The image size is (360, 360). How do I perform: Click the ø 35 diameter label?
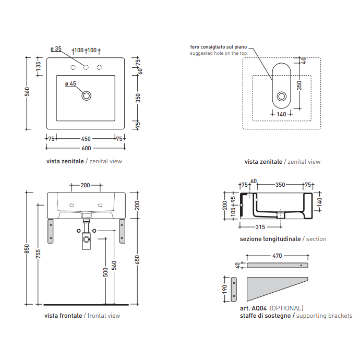pos(56,49)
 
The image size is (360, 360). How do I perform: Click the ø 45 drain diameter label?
pos(70,83)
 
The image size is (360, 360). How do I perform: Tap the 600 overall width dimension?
pos(86,148)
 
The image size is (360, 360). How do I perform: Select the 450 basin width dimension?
pos(86,139)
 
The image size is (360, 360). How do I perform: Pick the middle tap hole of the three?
pos(86,67)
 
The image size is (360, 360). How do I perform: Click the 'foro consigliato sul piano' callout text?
pos(219,47)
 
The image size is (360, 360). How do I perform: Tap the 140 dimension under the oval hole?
pos(281,114)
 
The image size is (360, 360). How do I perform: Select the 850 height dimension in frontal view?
pos(27,249)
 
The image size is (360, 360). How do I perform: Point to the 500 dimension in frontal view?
pos(106,271)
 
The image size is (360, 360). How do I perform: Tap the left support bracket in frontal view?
pos(51,231)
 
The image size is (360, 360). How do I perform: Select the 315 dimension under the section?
pos(261,227)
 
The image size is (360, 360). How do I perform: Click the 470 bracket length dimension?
pos(277,256)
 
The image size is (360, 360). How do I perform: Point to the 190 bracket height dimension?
pos(225,289)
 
